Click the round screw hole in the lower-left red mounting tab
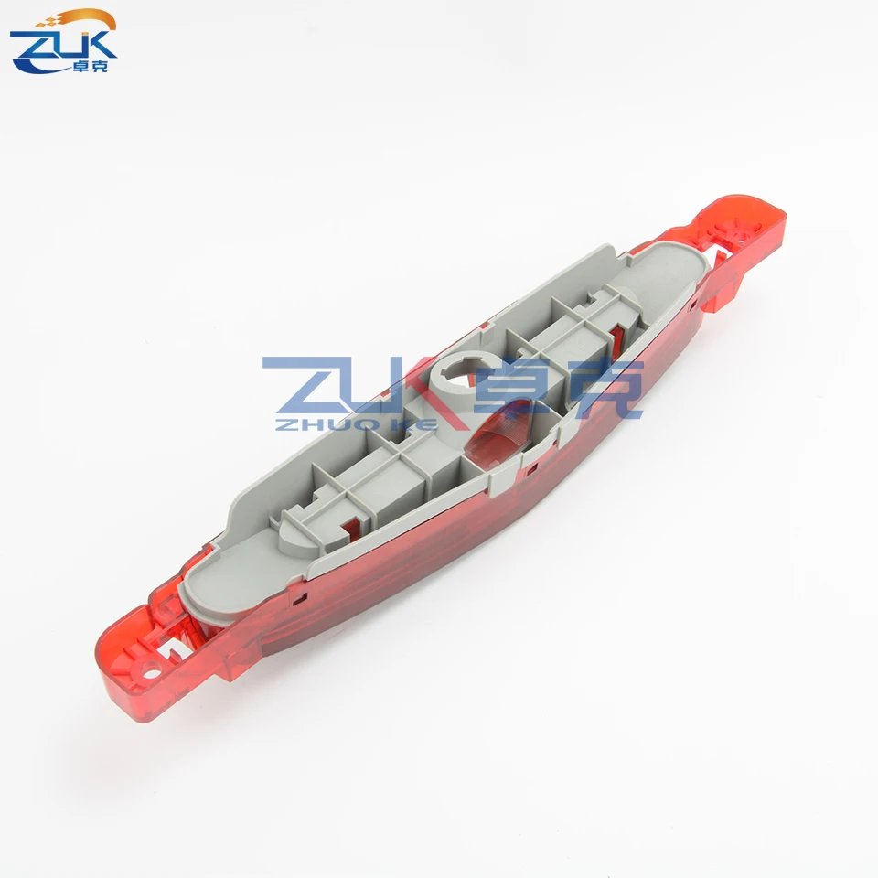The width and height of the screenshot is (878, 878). pyautogui.click(x=151, y=669)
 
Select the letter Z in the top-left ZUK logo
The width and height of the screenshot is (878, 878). pyautogui.click(x=33, y=50)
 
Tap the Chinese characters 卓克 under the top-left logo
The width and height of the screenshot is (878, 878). pyautogui.click(x=91, y=66)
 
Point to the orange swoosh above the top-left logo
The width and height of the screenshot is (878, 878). pyautogui.click(x=79, y=20)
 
